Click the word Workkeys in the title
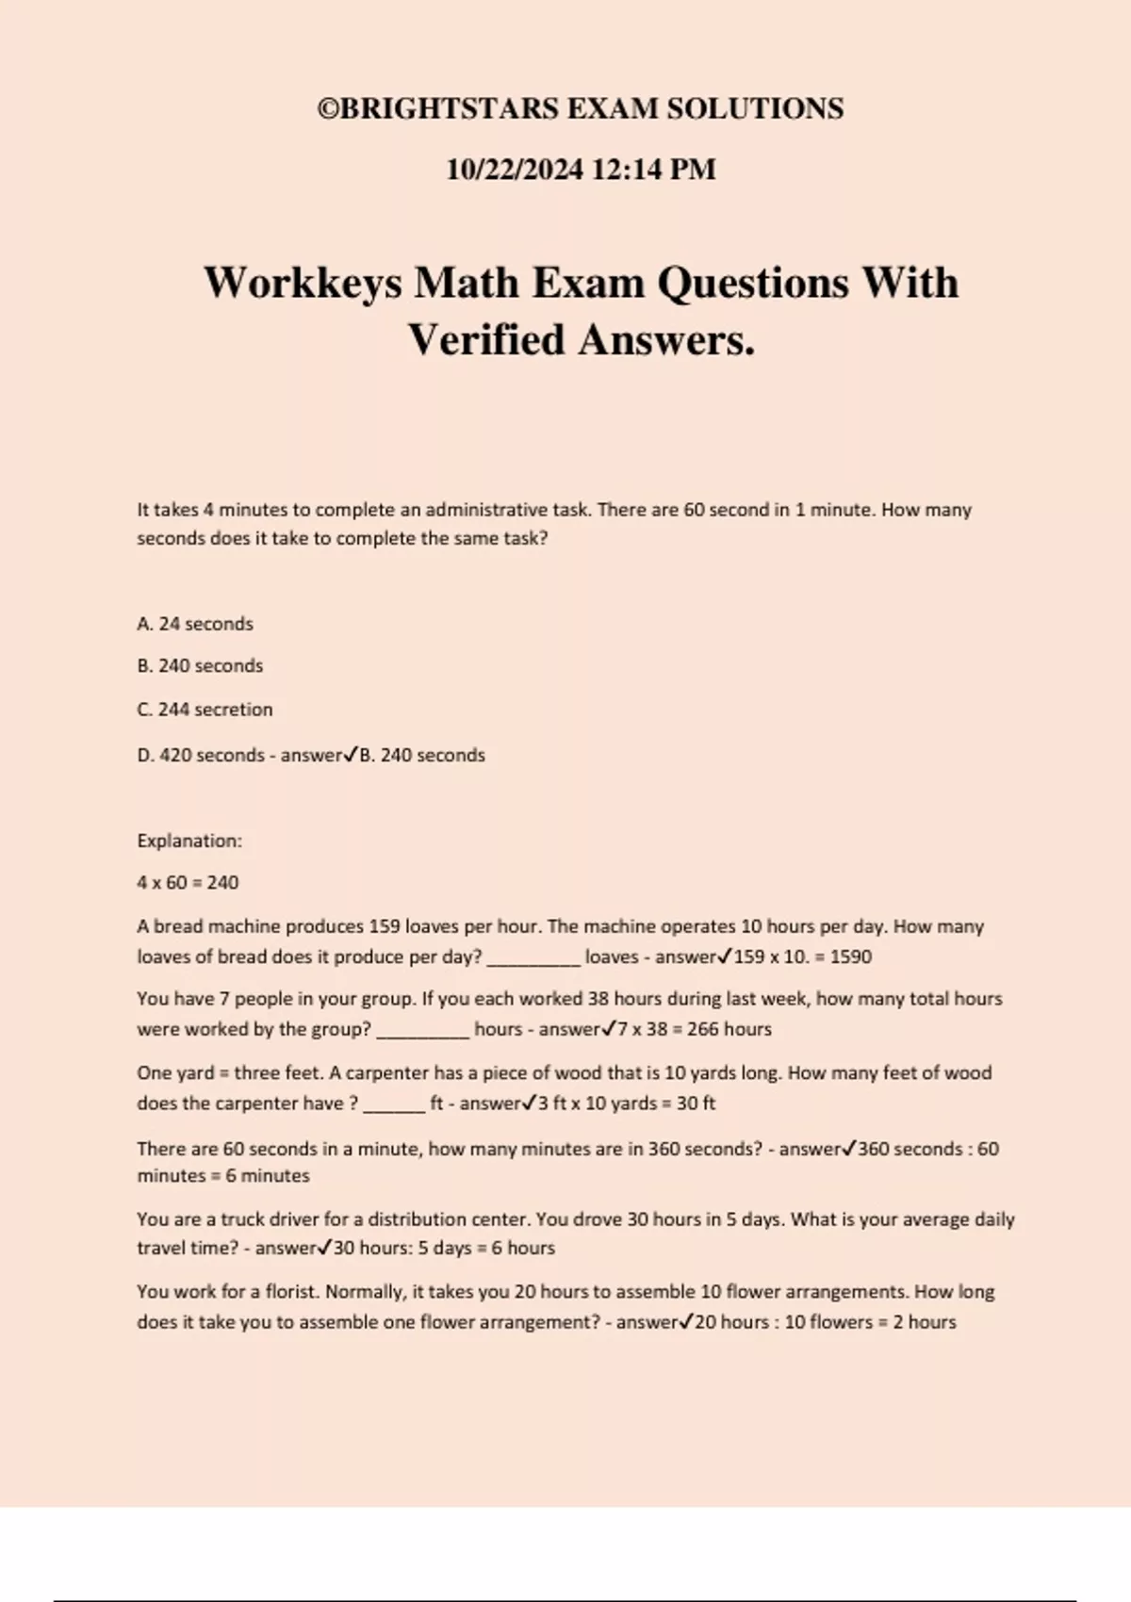pos(302,283)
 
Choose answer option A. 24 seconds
pos(195,624)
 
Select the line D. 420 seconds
pos(200,756)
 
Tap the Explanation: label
pos(189,841)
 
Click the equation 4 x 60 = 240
pos(188,883)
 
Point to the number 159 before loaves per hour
pos(385,926)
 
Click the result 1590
pos(850,957)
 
